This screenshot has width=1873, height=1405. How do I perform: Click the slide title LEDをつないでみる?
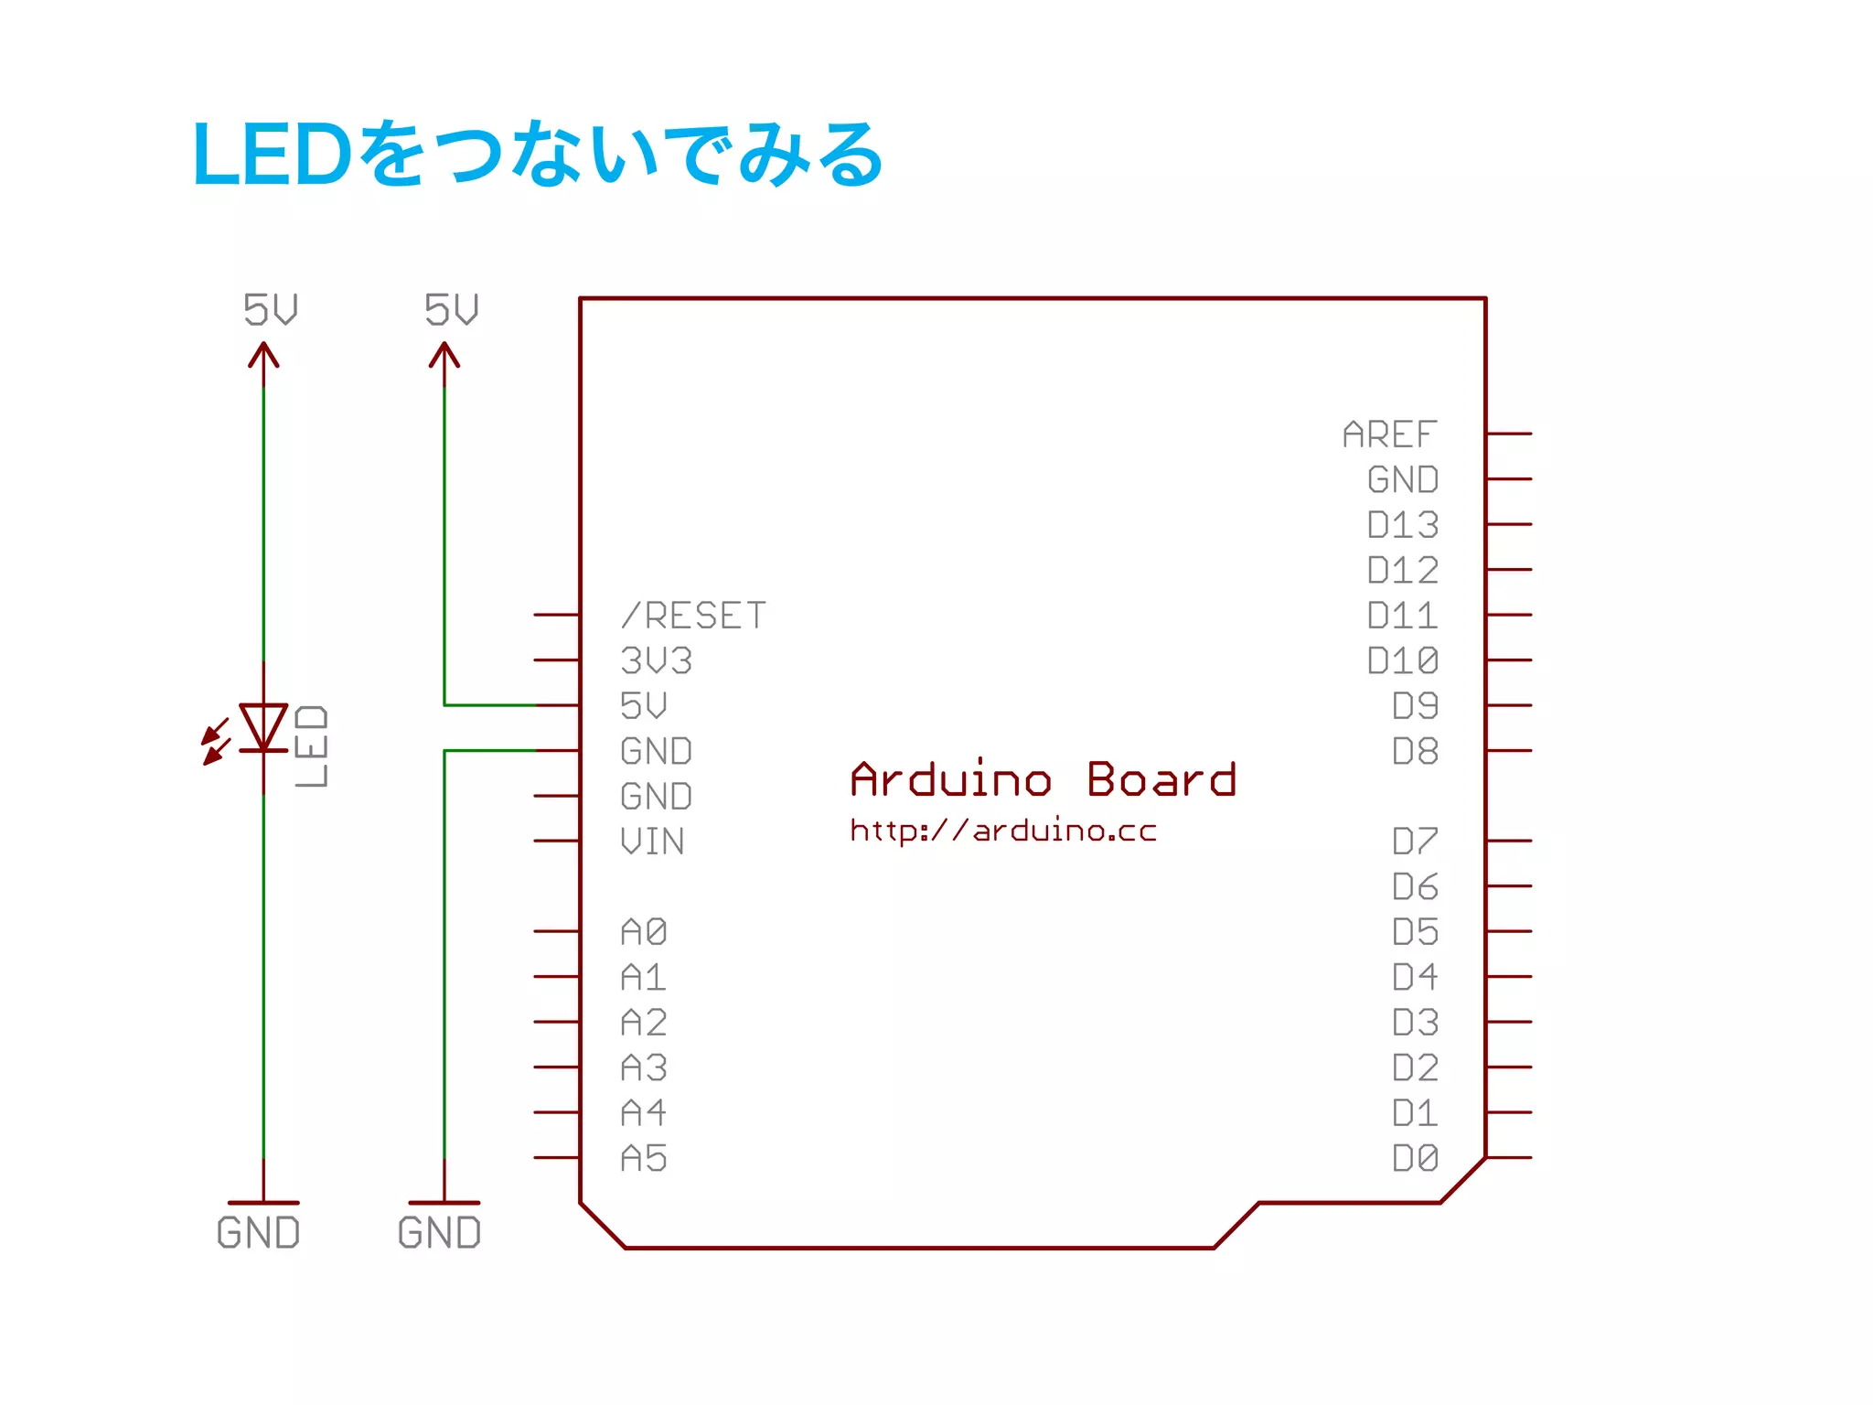[x=538, y=154]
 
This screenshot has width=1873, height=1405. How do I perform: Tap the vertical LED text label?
[x=311, y=745]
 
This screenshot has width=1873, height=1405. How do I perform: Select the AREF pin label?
[x=1389, y=434]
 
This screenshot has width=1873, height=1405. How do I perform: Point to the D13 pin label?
[x=1402, y=525]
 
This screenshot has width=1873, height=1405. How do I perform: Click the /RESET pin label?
[x=693, y=616]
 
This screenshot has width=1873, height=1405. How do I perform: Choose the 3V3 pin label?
[x=656, y=660]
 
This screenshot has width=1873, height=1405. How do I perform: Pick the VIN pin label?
[x=651, y=842]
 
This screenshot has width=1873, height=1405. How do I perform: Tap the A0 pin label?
[x=644, y=932]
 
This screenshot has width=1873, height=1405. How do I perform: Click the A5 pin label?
[x=644, y=1159]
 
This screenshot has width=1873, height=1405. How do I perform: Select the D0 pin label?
[x=1415, y=1159]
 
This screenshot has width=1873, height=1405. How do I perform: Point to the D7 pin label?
[x=1415, y=842]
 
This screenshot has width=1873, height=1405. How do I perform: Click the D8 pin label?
[x=1415, y=751]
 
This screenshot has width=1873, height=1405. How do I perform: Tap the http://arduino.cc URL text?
[x=1003, y=831]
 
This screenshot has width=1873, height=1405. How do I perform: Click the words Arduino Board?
[x=1043, y=780]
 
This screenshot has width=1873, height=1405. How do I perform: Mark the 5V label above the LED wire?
[x=271, y=309]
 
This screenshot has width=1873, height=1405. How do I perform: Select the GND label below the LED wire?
[x=258, y=1233]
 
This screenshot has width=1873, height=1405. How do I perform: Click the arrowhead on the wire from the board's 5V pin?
[x=444, y=355]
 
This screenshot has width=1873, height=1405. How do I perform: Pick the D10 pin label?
[x=1402, y=660]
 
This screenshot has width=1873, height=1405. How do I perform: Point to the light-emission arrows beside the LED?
[x=216, y=742]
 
